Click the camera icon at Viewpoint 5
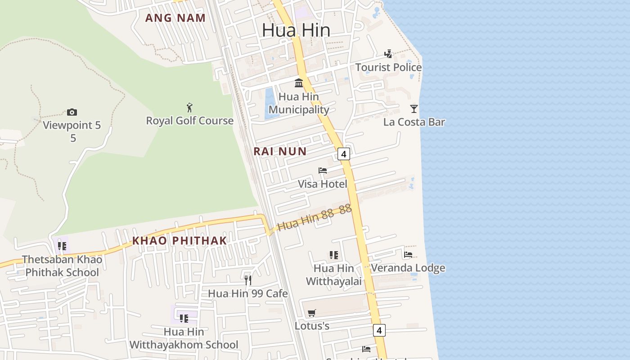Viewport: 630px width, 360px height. pos(72,112)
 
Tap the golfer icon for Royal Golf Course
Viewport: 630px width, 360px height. pos(189,108)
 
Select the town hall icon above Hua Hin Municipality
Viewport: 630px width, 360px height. pos(299,83)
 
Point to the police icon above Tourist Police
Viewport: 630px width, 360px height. pos(388,54)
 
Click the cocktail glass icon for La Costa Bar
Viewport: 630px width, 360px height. pos(414,108)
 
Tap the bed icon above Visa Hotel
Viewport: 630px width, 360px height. pos(323,171)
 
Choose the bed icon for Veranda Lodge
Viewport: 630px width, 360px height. pos(408,255)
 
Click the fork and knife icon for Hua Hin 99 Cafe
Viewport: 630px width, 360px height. pos(247,280)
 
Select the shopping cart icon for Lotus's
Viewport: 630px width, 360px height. pos(312,313)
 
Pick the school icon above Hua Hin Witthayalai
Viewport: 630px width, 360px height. pos(334,255)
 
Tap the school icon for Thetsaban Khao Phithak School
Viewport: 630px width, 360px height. pos(62,246)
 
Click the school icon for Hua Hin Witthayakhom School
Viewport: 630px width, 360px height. pos(184,319)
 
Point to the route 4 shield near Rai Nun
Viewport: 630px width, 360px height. pos(344,154)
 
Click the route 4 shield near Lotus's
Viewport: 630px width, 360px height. pos(379,330)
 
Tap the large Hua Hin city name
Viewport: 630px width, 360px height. pos(296,30)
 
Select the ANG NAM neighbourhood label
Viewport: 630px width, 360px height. pos(175,18)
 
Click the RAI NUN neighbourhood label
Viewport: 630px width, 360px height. pos(280,152)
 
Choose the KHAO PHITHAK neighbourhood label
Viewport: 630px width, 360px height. pos(180,241)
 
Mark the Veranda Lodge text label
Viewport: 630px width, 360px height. pos(408,268)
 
